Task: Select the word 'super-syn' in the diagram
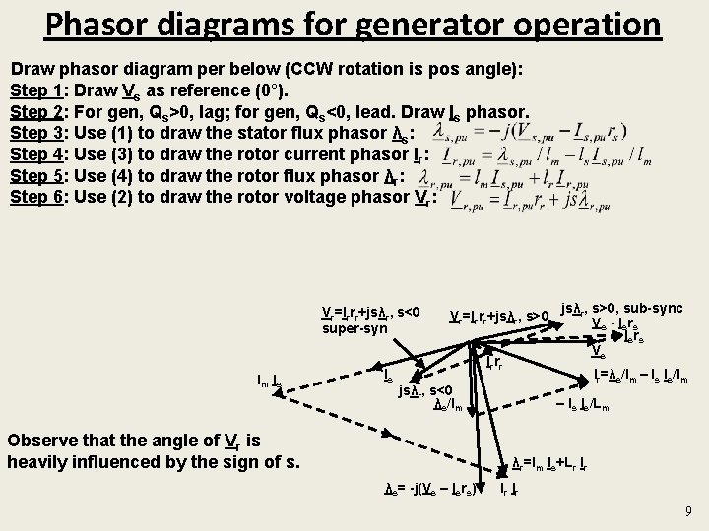coord(354,328)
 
